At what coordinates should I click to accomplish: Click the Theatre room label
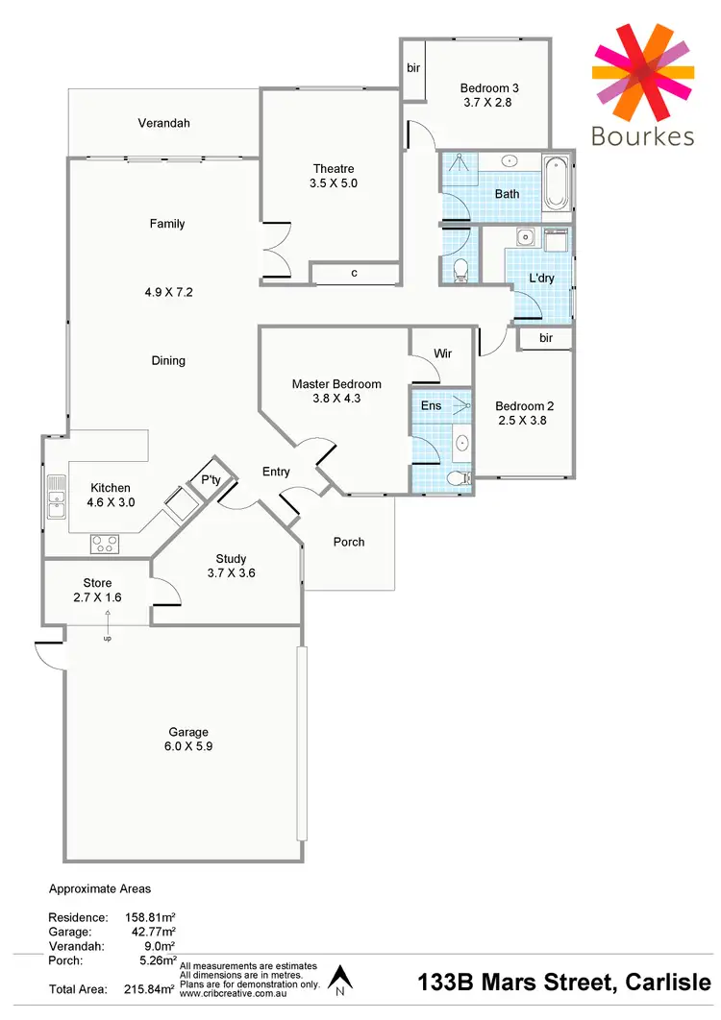click(334, 169)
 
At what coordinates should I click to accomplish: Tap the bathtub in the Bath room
click(557, 182)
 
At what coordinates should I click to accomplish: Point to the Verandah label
click(163, 123)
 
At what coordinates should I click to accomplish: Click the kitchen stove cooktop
click(104, 544)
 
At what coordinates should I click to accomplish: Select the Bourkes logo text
click(642, 136)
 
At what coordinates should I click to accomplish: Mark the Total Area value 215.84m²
click(150, 988)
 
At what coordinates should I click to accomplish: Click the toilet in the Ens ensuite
click(458, 477)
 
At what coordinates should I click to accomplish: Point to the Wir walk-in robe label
click(442, 353)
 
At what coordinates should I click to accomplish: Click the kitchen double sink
click(57, 497)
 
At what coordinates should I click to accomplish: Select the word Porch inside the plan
click(349, 542)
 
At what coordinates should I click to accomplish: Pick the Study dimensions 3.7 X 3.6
click(231, 573)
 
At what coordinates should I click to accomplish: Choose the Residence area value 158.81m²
click(150, 917)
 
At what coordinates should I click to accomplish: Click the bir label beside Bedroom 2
click(546, 338)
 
